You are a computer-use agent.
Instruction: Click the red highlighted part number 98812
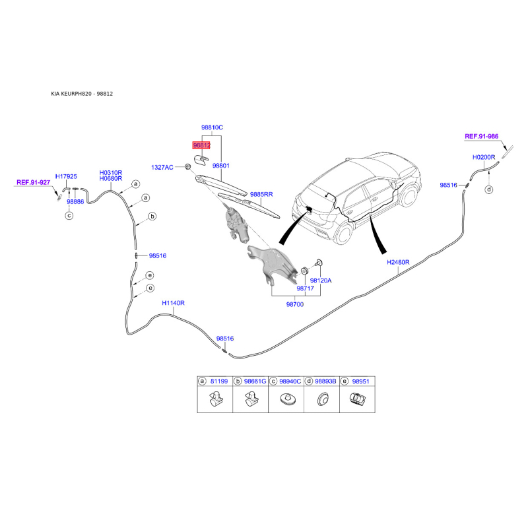coord(201,145)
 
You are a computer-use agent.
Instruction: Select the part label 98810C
coord(213,127)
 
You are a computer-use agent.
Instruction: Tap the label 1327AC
coord(161,168)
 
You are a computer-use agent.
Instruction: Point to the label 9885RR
coord(261,194)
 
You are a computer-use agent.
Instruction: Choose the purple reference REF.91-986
coord(481,136)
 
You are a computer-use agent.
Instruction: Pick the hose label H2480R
coord(399,262)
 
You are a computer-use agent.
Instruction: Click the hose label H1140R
coord(174,303)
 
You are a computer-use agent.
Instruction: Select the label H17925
coord(66,176)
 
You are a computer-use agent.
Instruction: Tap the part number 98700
coord(294,304)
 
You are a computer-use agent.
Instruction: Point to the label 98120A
coord(321,280)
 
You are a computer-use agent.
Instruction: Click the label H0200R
coord(484,158)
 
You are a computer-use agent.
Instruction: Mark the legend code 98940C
coord(290,381)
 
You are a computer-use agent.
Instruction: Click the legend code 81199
coord(219,381)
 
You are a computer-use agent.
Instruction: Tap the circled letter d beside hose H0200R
coord(489,190)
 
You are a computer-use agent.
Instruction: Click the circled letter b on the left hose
coord(151,216)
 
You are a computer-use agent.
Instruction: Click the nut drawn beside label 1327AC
coord(187,166)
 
